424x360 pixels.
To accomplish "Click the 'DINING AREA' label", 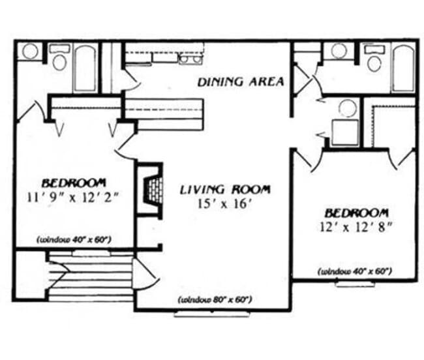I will pos(241,82).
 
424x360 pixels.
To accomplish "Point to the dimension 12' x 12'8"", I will pos(357,226).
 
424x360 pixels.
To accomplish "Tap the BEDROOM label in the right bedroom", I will pos(357,213).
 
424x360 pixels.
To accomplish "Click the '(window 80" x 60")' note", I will pos(215,300).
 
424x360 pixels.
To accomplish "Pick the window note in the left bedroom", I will pos(74,239).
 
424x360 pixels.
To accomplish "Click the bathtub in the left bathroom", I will pos(85,68).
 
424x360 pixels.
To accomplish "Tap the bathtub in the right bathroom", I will pos(402,68).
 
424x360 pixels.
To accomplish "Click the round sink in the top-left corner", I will pos(29,51).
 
